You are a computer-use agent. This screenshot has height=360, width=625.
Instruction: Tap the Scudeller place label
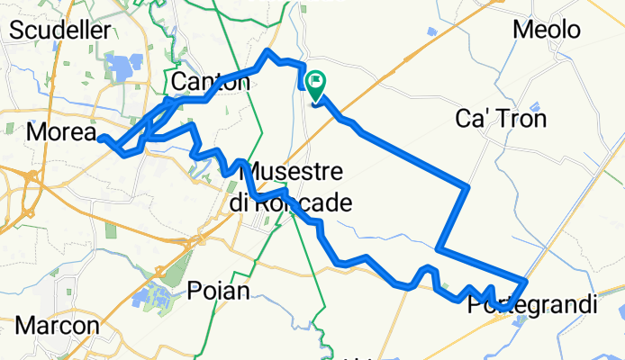tap(59, 30)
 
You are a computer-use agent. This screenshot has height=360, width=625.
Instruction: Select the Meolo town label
tap(546, 30)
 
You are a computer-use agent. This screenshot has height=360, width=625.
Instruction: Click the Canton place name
tap(210, 82)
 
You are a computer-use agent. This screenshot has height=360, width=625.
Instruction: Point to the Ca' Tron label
tap(514, 118)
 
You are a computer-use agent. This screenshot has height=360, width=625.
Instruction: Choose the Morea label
tap(61, 132)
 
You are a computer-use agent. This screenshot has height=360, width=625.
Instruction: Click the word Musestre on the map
tap(293, 170)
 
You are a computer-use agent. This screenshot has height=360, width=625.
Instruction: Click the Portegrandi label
tap(531, 306)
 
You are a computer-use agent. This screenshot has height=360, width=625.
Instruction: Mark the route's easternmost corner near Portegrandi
tap(524, 281)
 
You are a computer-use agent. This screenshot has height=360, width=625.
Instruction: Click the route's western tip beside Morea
tap(101, 138)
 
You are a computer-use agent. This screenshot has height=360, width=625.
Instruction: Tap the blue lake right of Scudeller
tap(122, 67)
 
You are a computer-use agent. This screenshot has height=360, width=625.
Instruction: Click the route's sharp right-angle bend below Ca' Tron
tap(468, 186)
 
